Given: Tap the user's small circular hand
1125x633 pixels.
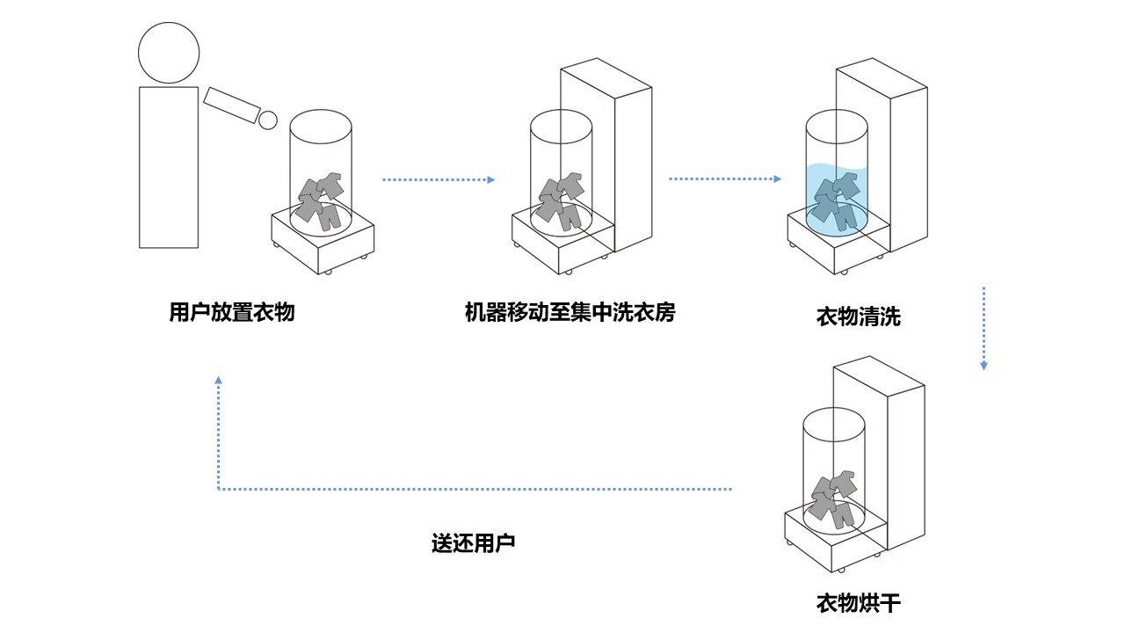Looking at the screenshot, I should point(268,120).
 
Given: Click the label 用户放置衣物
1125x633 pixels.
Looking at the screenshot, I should point(231,312).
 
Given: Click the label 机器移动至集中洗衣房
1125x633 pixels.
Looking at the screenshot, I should point(570,312).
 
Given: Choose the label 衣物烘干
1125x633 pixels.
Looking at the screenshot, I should point(858,603).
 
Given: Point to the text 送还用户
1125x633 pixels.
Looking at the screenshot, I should point(472,542).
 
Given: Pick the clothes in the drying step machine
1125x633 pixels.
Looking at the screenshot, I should point(833,498).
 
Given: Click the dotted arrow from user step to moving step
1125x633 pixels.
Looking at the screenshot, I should point(438,180).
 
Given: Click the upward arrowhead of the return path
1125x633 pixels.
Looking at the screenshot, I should point(219,381).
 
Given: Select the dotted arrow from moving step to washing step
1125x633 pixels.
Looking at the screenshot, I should point(724,179).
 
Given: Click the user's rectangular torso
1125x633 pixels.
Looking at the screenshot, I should point(169,167).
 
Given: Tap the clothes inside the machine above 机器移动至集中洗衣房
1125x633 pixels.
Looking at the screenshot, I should point(562,201).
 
